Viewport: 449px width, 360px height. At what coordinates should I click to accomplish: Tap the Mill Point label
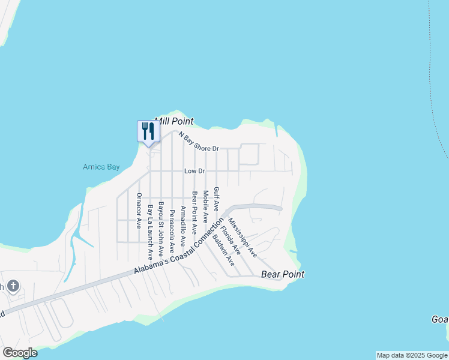point(175,121)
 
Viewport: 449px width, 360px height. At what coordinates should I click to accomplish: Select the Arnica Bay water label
point(101,167)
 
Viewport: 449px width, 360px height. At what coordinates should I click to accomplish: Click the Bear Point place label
point(283,274)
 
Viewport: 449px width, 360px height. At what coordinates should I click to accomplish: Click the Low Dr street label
point(195,171)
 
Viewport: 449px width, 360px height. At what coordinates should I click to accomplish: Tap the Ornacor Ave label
point(139,211)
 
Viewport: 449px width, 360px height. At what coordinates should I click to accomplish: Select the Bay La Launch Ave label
point(150,232)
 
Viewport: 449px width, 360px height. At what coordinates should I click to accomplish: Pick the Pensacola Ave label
point(172,230)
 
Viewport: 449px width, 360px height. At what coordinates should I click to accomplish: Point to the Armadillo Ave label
point(182,227)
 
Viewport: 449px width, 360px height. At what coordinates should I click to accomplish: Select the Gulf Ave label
point(216,199)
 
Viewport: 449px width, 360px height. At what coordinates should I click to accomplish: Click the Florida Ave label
point(230,238)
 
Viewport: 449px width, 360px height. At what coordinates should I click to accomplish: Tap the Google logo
point(20,353)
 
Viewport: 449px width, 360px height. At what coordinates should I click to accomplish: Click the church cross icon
point(13,286)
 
